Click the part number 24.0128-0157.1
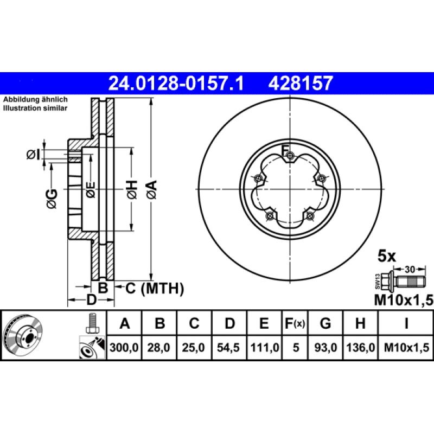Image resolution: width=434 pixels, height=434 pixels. [177, 84]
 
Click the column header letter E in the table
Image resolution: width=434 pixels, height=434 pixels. [264, 324]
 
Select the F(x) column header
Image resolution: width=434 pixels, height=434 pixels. [295, 324]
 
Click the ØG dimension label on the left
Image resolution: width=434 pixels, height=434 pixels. [51, 199]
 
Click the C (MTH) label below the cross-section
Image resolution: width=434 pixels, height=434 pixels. [155, 288]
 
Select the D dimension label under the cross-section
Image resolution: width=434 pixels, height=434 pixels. [91, 300]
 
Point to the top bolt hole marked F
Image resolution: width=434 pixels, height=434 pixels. [290, 157]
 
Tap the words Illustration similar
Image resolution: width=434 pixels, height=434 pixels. [35, 108]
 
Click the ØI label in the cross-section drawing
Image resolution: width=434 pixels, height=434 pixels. [33, 155]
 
